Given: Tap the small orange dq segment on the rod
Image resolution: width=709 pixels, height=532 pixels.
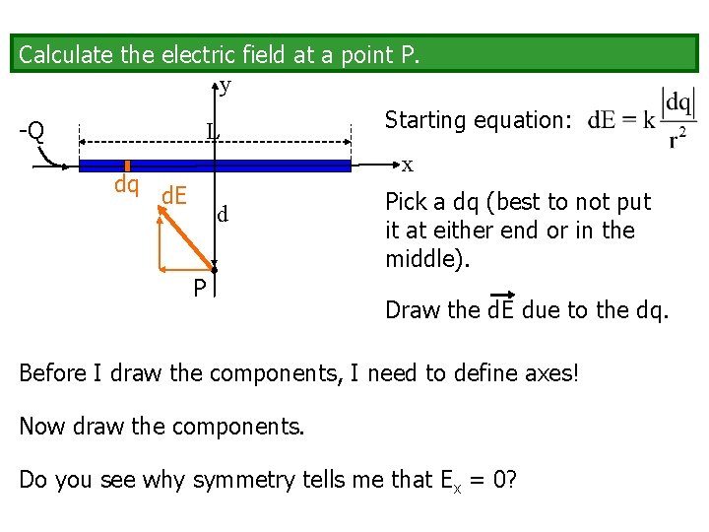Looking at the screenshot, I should [128, 166].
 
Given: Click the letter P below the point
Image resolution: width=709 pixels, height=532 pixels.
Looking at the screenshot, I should [199, 288].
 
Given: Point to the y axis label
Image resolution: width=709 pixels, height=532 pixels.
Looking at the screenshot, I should [226, 87].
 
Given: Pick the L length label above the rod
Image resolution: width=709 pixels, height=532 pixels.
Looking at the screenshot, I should [213, 131].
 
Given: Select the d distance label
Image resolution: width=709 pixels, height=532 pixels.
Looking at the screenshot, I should [224, 214].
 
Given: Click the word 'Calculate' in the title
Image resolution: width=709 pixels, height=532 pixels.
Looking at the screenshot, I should [66, 55].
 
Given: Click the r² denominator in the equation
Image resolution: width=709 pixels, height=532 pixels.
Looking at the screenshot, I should [677, 140].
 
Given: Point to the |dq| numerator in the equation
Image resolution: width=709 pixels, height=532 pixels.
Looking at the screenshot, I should [677, 103].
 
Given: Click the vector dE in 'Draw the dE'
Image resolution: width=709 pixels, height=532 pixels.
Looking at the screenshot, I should [502, 310].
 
